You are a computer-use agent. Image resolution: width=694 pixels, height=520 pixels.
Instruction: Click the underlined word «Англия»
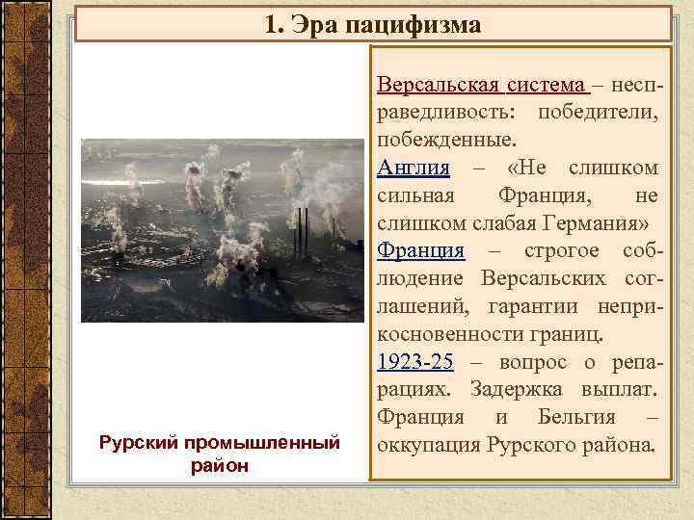click(414, 168)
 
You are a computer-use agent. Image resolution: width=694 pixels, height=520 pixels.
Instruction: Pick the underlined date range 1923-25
click(415, 363)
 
